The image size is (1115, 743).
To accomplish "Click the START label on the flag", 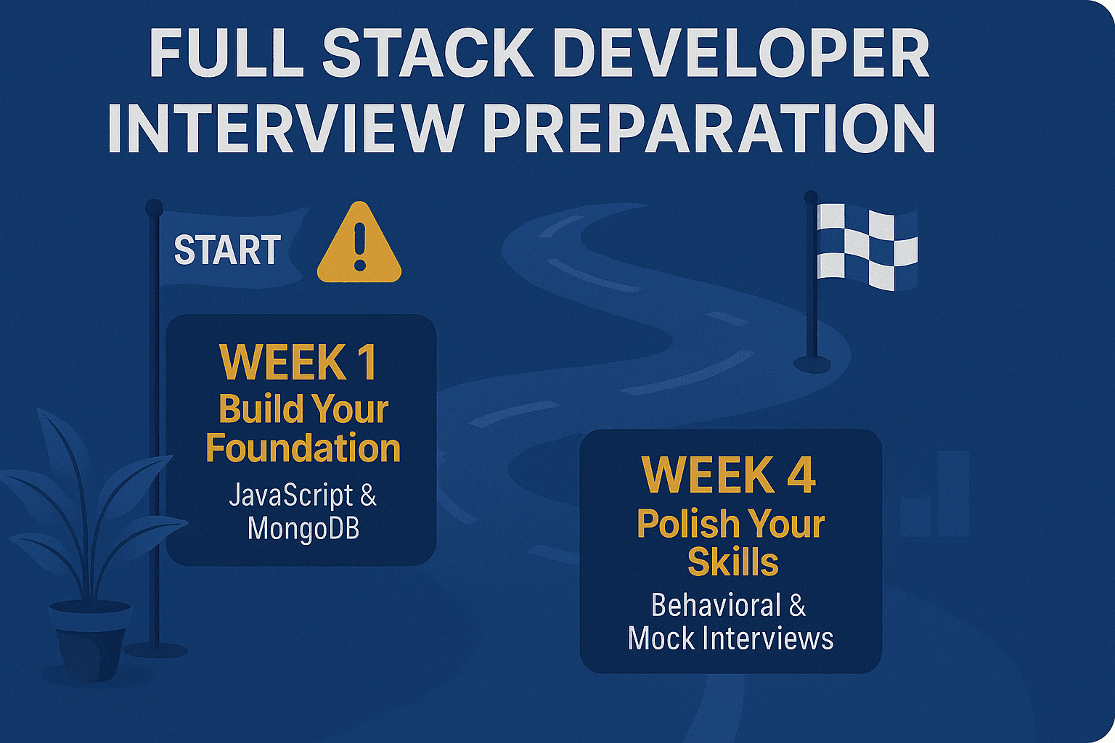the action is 227,250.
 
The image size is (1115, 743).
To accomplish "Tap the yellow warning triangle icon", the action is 359,242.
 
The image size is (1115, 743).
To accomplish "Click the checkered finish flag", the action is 867,247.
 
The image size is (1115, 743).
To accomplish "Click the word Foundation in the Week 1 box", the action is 303,449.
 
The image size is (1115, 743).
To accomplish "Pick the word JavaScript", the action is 291,496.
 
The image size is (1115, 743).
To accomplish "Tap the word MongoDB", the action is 303,528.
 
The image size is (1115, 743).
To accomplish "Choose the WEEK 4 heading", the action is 730,475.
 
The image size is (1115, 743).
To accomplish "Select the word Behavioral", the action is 716,606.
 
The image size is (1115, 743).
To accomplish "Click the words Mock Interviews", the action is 731,638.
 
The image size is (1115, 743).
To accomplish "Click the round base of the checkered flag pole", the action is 812,364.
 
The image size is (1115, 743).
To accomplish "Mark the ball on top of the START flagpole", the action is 155,207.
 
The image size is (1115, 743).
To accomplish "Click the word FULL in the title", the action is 226,54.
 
